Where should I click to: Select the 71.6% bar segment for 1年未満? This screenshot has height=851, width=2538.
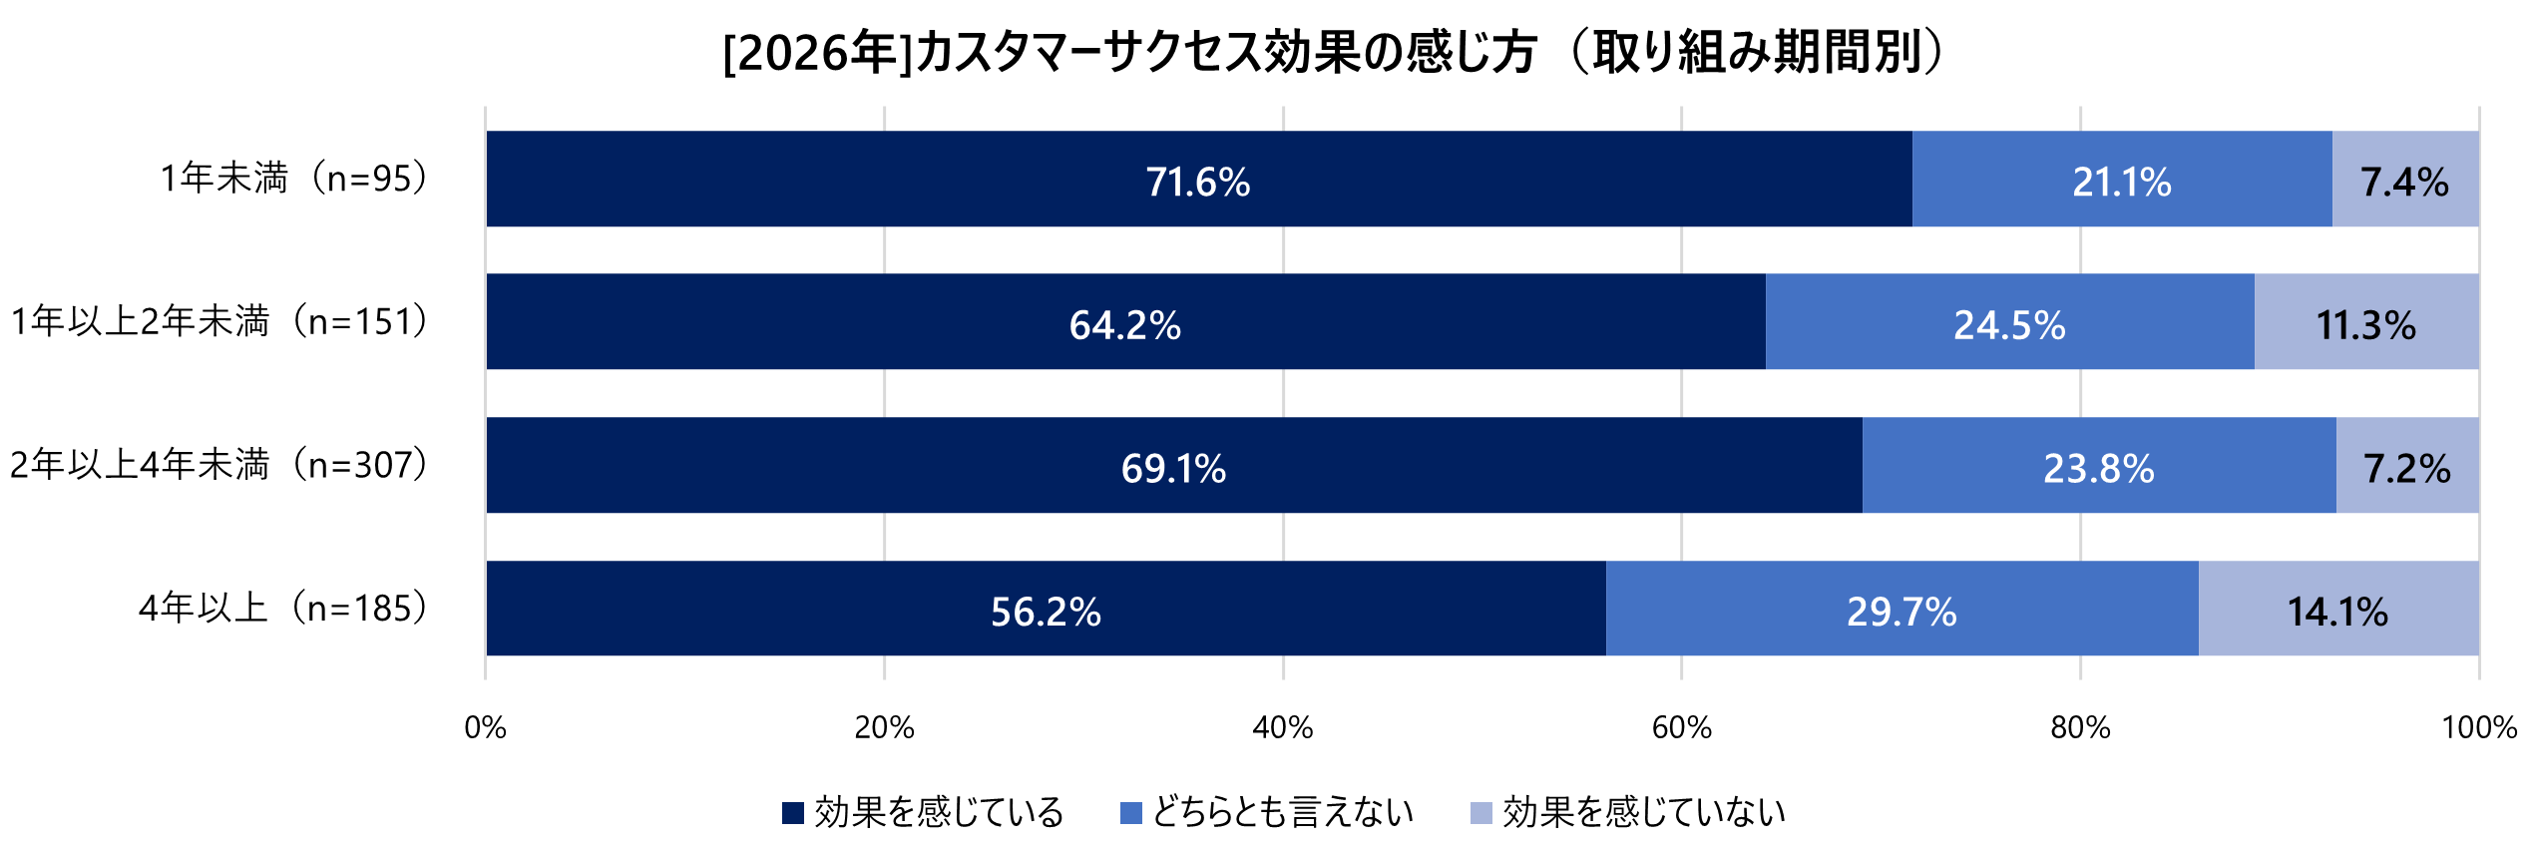1198,180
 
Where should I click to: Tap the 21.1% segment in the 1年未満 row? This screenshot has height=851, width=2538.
2121,180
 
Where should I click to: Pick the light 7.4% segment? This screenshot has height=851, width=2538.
2404,180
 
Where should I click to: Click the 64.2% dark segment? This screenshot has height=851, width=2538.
1125,322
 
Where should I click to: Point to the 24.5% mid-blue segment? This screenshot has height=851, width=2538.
2009,322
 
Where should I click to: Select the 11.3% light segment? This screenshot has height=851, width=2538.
2365,322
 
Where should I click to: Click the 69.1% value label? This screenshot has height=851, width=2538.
1173,468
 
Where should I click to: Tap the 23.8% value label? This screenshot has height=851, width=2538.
2098,468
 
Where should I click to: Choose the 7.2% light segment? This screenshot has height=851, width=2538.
2406,466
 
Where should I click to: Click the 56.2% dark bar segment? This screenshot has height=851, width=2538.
1046,609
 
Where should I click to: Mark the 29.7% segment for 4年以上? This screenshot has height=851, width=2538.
1902,609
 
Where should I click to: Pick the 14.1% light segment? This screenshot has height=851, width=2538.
2337,609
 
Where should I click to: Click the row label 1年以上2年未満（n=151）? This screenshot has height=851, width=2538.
219,321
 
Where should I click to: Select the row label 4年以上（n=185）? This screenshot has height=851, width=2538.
283,608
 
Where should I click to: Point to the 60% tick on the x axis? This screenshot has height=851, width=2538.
1681,727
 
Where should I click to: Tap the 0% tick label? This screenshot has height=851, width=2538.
486,727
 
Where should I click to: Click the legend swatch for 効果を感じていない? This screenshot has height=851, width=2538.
1480,813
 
